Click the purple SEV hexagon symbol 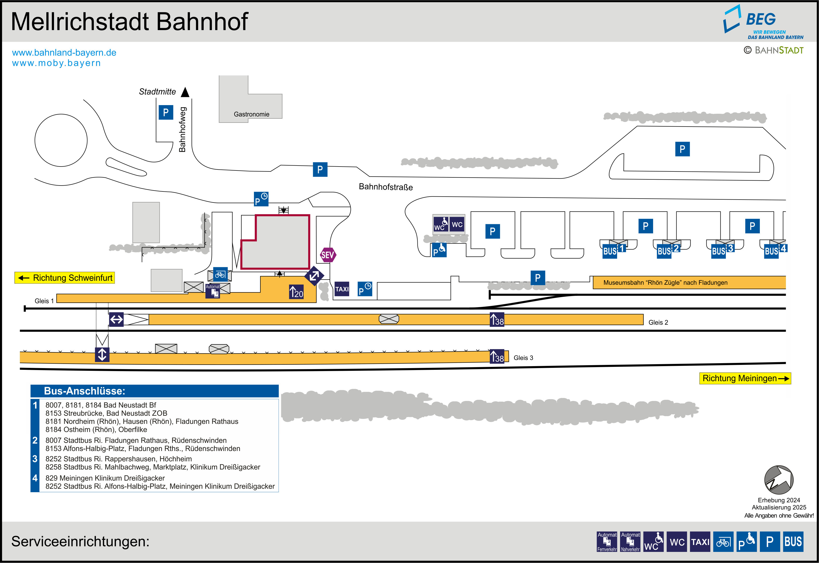click(327, 255)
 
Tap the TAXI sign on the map click(341, 289)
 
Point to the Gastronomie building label click(251, 114)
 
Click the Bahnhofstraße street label click(386, 187)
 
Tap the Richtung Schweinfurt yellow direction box click(65, 278)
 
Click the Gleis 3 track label click(523, 358)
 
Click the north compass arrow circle click(779, 480)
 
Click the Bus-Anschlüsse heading click(85, 391)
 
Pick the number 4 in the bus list click(35, 478)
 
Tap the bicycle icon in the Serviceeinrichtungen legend click(723, 542)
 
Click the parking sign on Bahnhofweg click(166, 113)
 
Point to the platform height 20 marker click(296, 292)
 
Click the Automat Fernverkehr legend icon click(607, 542)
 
